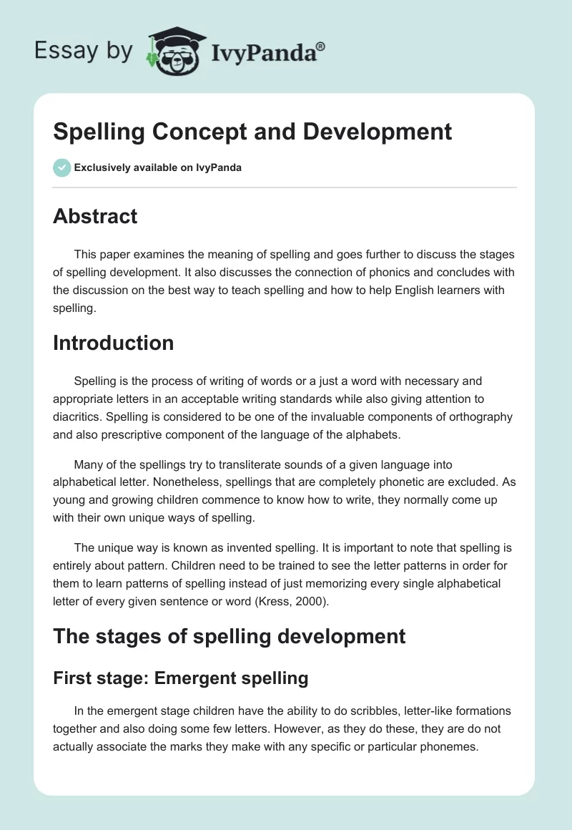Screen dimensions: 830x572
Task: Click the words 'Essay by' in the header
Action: point(83,51)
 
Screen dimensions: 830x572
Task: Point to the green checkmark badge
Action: point(61,167)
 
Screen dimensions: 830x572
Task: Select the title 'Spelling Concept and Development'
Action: point(252,132)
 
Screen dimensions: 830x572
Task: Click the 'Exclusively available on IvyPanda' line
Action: point(157,168)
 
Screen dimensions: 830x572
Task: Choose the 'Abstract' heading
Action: point(95,216)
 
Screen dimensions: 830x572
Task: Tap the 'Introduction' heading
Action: point(113,343)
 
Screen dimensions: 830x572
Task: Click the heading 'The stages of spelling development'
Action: point(229,635)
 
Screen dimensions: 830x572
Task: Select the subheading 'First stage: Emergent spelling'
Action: point(180,678)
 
